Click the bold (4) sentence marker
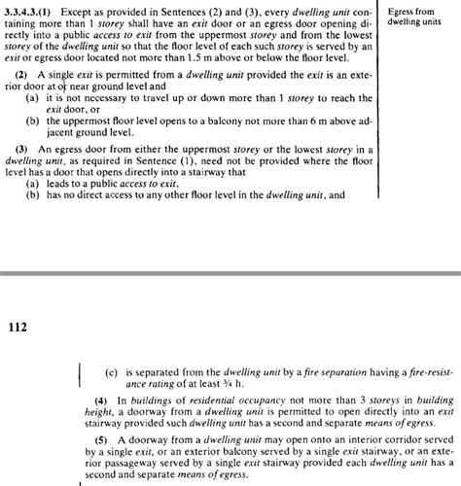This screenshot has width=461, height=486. (x=100, y=399)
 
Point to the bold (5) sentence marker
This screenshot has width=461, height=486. (x=100, y=439)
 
